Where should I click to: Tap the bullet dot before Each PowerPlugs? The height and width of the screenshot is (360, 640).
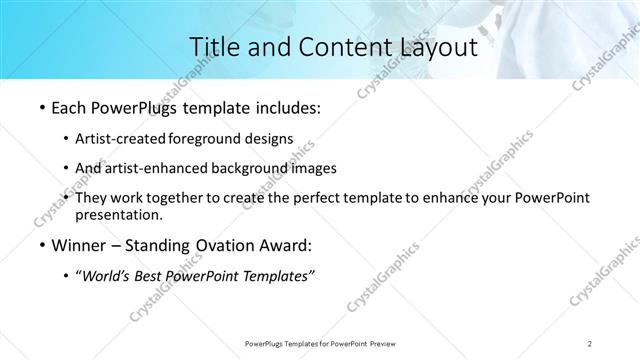coord(40,106)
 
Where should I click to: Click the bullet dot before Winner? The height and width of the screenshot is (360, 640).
coord(40,246)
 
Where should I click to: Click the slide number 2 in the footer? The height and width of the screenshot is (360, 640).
coord(591,343)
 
